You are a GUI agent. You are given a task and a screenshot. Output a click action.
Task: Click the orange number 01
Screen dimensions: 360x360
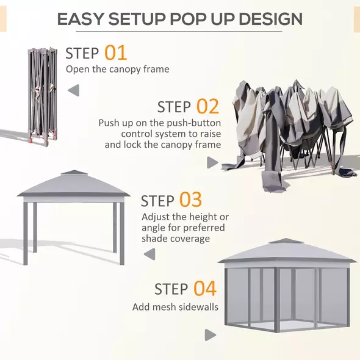pyautogui.click(x=116, y=52)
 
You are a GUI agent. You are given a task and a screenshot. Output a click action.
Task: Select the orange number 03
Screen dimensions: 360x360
pyautogui.click(x=190, y=200)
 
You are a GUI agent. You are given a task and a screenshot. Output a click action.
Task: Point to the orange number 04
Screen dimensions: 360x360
pyautogui.click(x=205, y=288)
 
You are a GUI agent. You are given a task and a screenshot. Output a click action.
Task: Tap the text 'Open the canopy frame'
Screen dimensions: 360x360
pyautogui.click(x=117, y=69)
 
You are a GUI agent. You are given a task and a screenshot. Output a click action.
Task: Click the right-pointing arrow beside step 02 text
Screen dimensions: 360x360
pyautogui.click(x=212, y=162)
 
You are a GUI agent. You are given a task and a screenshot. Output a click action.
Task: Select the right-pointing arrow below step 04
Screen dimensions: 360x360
pyautogui.click(x=211, y=334)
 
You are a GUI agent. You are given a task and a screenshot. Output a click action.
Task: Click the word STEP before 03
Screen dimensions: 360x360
pyautogui.click(x=157, y=201)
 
